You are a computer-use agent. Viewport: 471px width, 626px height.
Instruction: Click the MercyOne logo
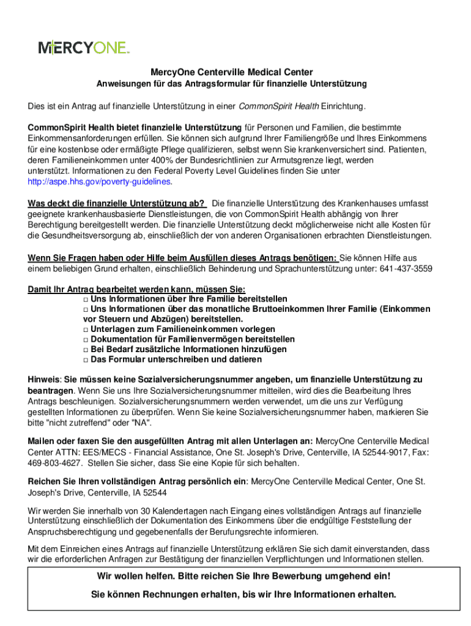(x=84, y=47)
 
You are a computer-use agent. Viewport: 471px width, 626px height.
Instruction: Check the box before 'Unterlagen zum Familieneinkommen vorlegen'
(x=86, y=330)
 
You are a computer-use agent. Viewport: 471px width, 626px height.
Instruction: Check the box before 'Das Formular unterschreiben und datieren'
(x=86, y=359)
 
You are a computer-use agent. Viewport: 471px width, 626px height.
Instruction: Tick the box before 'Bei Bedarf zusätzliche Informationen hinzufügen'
(x=86, y=350)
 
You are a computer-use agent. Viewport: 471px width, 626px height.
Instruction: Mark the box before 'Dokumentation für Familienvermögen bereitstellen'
(x=86, y=339)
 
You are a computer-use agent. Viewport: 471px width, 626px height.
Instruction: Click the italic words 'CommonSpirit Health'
(x=278, y=108)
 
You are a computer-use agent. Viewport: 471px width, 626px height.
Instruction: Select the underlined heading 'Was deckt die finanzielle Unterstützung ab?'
(x=116, y=204)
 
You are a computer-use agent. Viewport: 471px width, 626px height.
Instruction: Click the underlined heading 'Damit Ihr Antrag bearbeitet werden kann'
(x=136, y=289)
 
